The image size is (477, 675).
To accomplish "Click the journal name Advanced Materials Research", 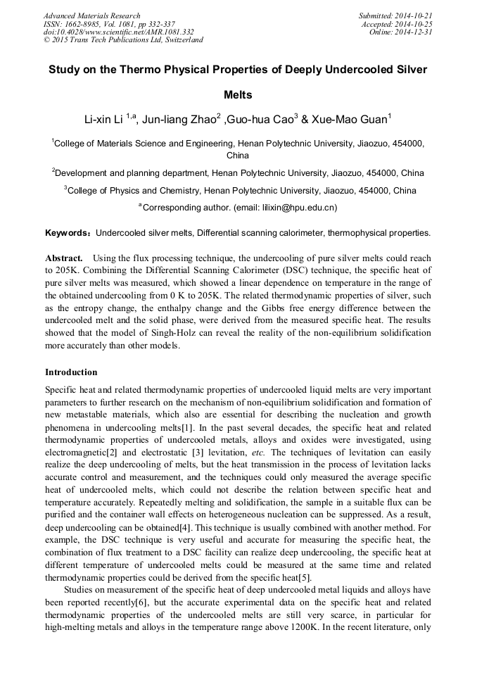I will pyautogui.click(x=91, y=15).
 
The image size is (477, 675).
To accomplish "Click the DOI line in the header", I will pyautogui.click(x=118, y=32).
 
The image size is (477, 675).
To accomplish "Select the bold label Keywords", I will pyautogui.click(x=68, y=232).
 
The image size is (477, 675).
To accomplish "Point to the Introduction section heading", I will pyautogui.click(x=71, y=372).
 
